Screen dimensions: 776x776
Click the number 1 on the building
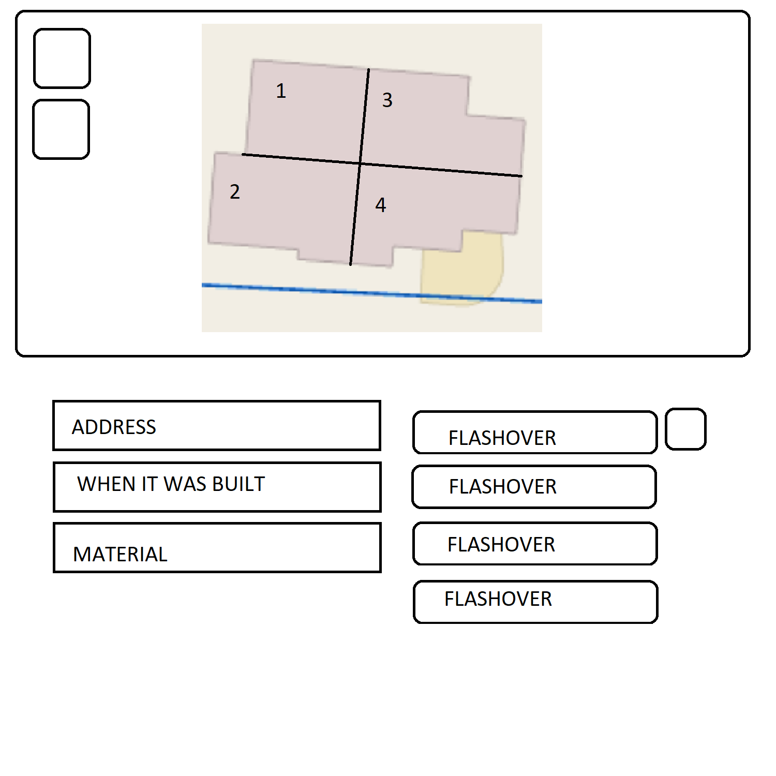pos(281,91)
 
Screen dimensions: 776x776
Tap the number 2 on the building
pos(235,192)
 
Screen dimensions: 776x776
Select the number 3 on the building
pos(387,100)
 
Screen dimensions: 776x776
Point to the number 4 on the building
pos(381,205)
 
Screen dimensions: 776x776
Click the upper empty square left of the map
pos(62,58)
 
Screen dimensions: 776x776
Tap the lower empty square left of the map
pos(62,129)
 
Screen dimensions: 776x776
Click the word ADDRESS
pos(114,427)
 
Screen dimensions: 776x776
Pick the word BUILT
pos(238,484)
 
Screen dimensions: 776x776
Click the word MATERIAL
pos(120,555)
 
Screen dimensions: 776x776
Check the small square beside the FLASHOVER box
pos(686,429)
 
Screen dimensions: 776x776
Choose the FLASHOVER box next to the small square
pos(535,432)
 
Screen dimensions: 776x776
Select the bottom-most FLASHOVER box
pos(535,602)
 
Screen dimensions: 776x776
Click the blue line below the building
pos(372,293)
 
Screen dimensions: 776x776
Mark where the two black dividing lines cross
pos(360,163)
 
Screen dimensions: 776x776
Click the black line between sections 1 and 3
pos(365,116)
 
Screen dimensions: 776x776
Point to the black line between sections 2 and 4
pos(355,214)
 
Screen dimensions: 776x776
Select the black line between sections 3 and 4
pos(441,170)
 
